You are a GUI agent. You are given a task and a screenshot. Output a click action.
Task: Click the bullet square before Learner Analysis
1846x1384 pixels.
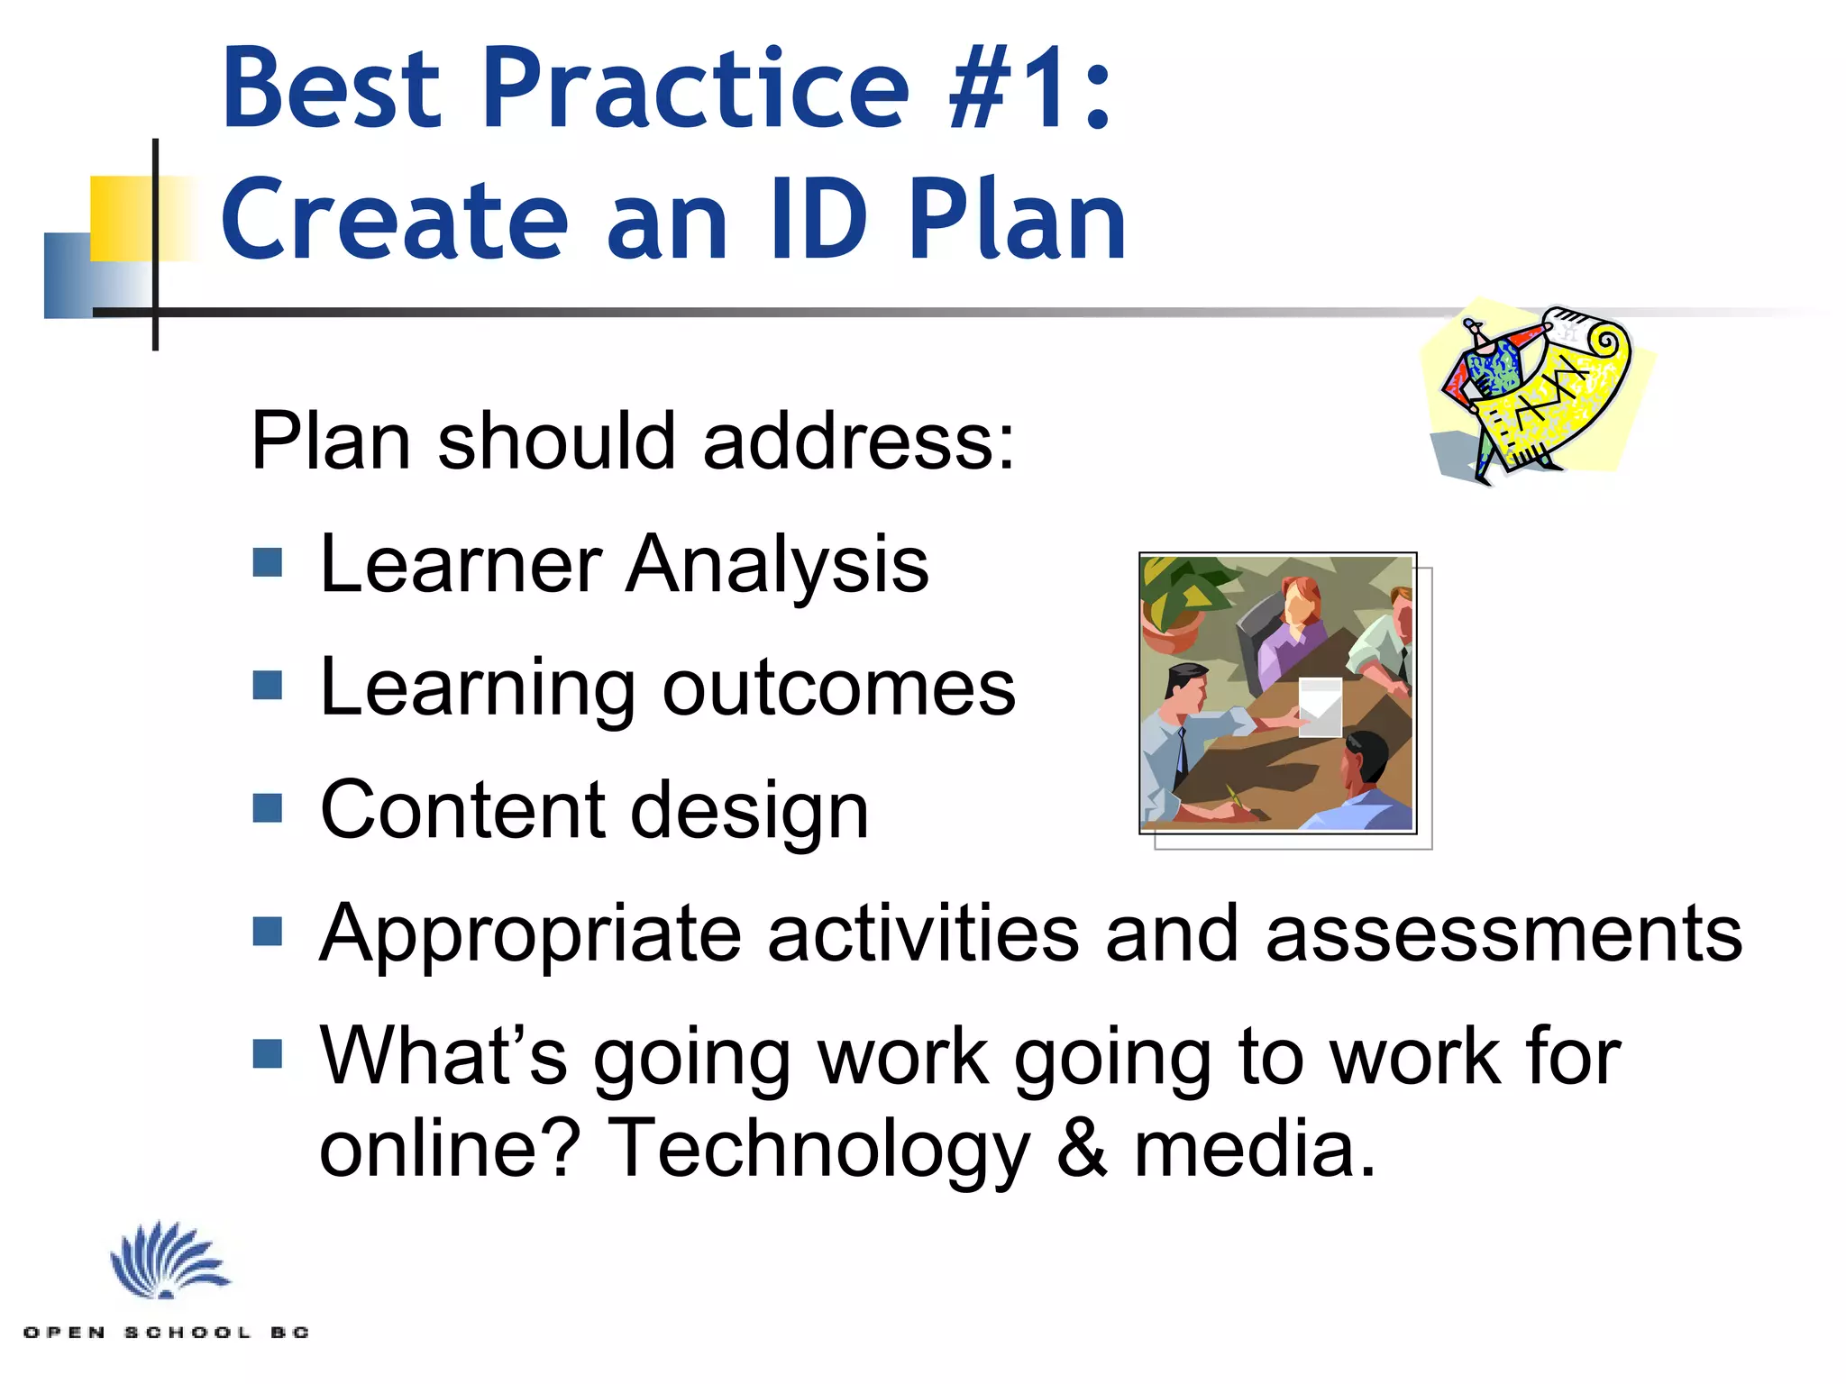tap(268, 563)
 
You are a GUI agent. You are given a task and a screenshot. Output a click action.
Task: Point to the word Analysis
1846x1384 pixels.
tap(777, 565)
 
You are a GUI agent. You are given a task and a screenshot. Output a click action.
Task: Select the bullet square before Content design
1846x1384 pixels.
tap(268, 808)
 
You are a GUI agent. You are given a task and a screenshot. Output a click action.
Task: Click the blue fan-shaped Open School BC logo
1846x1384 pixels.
tap(169, 1261)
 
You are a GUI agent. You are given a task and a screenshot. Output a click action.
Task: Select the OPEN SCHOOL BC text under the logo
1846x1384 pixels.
tap(167, 1333)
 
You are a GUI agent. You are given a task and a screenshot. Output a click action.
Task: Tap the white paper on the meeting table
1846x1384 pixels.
tap(1320, 707)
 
